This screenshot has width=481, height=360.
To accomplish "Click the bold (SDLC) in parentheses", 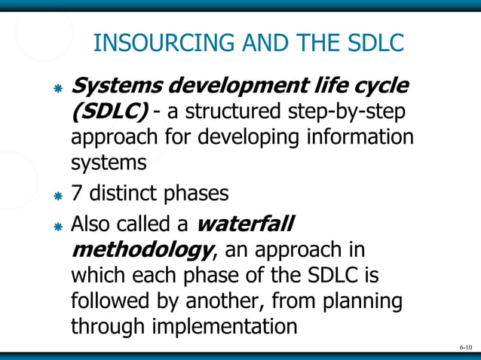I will pos(109,111).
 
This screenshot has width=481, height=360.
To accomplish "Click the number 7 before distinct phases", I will pos(76,194).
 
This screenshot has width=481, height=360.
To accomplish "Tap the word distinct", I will pos(119,194).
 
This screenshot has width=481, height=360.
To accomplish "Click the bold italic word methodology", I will pos(136,249).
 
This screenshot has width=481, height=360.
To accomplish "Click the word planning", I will pos(364,301).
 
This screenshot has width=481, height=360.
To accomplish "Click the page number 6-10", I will pos(465,347).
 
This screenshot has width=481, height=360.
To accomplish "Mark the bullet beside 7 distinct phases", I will pos(57,195).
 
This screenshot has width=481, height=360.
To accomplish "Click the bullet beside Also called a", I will pos(57,225).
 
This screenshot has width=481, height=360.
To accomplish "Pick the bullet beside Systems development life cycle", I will pos(57,87).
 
